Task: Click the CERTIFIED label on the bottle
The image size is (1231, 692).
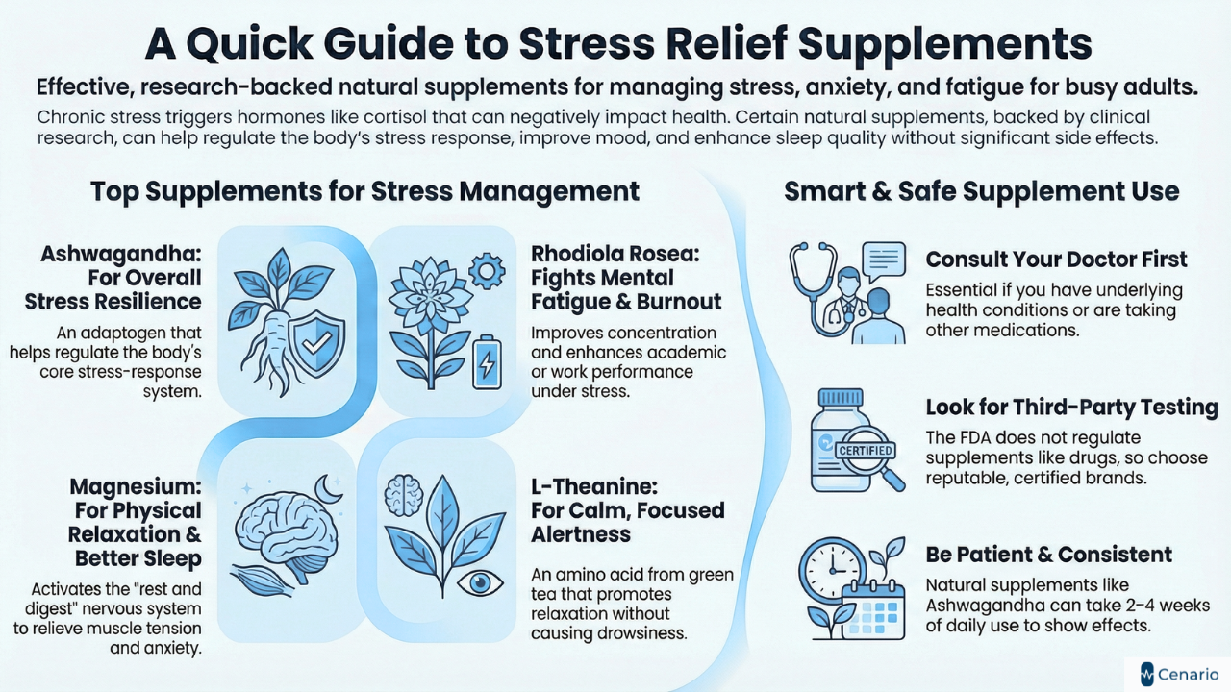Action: pos(866,450)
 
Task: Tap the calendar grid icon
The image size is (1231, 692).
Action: pos(873,609)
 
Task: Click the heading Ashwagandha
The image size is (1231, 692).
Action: pos(120,256)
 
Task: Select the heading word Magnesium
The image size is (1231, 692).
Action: pos(135,487)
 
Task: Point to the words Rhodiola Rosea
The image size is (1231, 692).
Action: pos(602,256)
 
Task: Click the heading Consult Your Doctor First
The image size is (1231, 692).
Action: pos(1056,259)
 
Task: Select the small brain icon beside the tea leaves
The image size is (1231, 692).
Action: pos(403,496)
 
